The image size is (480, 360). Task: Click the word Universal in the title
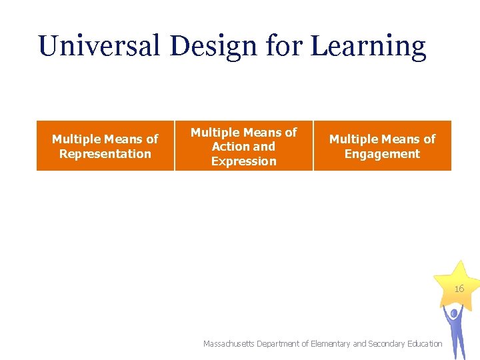[x=99, y=46]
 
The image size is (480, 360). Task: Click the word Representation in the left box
[x=105, y=154]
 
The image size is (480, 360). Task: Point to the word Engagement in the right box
[x=382, y=154]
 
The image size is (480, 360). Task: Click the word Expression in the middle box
[x=243, y=161]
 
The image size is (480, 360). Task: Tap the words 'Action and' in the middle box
[x=243, y=147]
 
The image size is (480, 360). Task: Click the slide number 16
[x=459, y=289]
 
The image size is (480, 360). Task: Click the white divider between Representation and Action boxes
[x=175, y=145]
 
